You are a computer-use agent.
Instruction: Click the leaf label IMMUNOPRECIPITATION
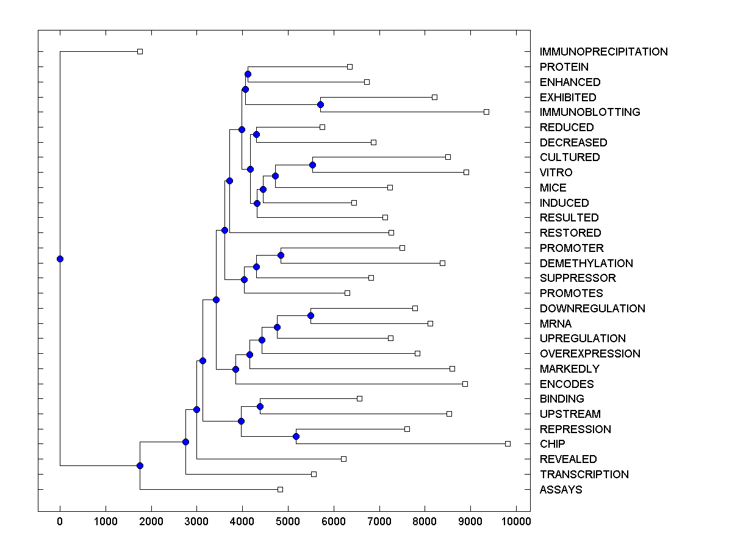(x=603, y=52)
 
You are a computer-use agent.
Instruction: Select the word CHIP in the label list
(x=552, y=444)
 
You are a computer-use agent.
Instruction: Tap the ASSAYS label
(x=561, y=490)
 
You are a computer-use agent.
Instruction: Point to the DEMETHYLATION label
(x=586, y=264)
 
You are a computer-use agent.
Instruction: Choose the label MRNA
(x=556, y=324)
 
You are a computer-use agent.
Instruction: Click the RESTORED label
(x=570, y=233)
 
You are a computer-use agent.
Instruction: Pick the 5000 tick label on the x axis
(x=288, y=522)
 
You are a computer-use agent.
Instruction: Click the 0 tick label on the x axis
(x=60, y=522)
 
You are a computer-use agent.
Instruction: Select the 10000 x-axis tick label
(x=516, y=522)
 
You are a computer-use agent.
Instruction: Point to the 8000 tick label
(x=425, y=522)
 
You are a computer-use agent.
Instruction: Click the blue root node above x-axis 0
(x=60, y=259)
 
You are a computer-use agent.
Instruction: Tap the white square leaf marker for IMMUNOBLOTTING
(x=486, y=112)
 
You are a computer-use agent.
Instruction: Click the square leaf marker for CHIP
(x=508, y=443)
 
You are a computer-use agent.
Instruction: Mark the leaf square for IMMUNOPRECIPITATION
(x=140, y=51)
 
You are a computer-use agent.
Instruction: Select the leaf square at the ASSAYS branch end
(x=280, y=489)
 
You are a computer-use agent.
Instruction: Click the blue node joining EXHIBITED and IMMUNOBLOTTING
(x=320, y=104)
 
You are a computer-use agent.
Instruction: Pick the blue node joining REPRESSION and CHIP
(x=296, y=436)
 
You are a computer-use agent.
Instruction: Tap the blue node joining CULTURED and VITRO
(x=312, y=165)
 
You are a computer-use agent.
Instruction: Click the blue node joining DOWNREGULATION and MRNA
(x=310, y=315)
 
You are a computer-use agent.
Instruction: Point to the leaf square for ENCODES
(x=465, y=384)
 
